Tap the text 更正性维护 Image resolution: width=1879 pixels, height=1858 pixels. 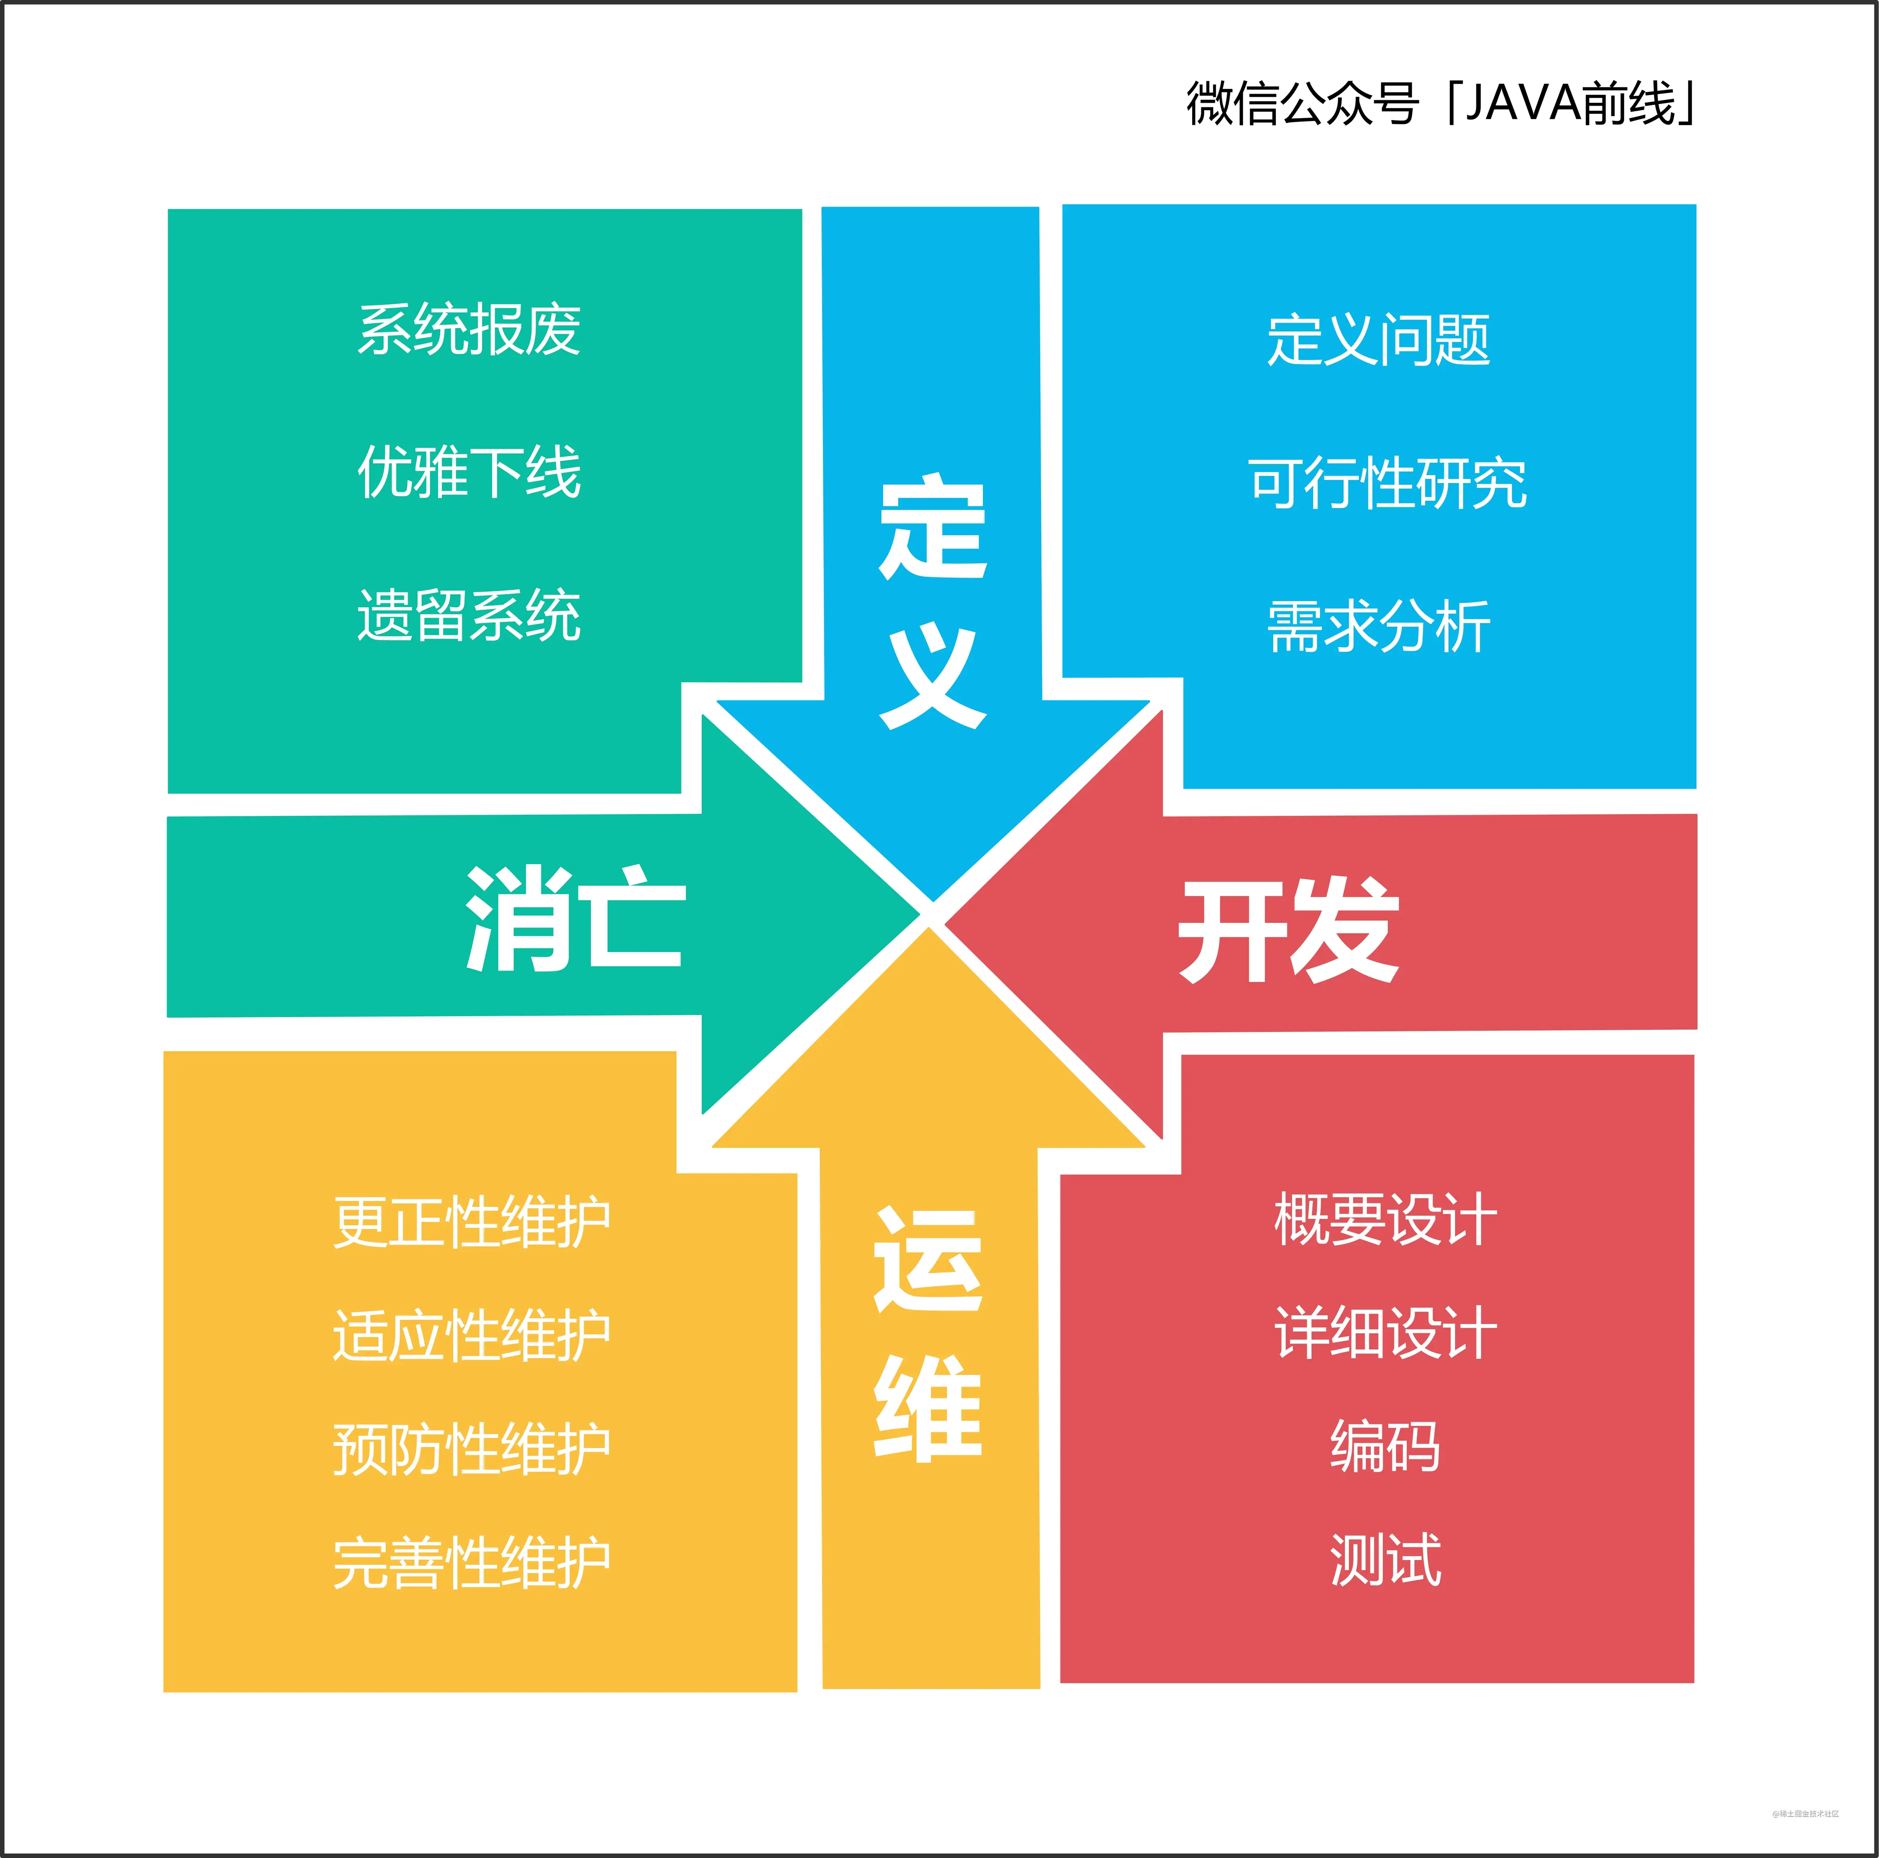point(472,1222)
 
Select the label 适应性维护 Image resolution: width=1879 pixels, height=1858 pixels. point(472,1336)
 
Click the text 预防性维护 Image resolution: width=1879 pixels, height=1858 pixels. point(472,1450)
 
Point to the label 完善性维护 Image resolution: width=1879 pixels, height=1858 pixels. point(472,1563)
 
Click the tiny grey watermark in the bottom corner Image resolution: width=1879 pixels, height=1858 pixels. point(1805,1813)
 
